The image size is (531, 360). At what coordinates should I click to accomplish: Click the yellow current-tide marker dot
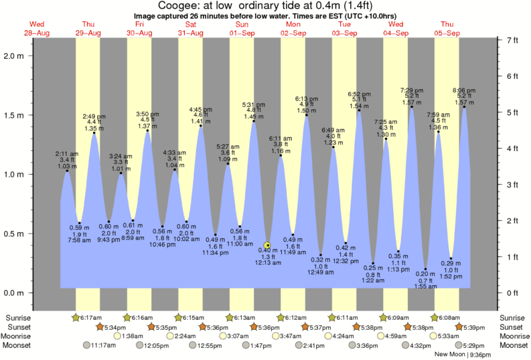tap(267, 246)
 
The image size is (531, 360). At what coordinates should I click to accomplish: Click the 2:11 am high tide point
tap(66, 171)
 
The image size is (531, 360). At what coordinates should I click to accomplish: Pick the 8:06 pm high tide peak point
tap(464, 107)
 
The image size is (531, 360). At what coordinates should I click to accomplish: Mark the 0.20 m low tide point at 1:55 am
tap(425, 269)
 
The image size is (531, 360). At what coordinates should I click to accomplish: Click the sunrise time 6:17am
tap(92, 317)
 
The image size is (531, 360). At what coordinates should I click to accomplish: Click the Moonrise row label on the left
tap(21, 336)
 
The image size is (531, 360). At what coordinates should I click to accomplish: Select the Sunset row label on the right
tap(512, 327)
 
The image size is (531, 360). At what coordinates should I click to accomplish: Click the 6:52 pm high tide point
tap(360, 110)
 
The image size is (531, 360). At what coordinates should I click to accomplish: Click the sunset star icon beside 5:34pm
tap(100, 327)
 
